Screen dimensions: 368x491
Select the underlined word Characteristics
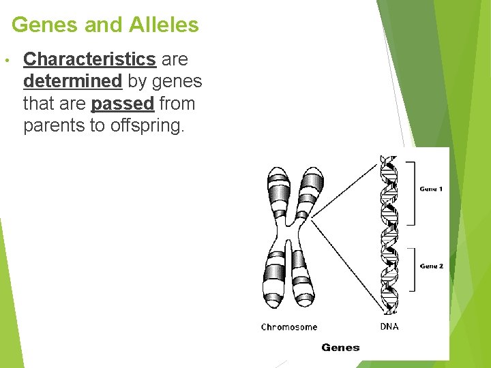point(89,59)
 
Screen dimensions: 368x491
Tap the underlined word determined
point(72,82)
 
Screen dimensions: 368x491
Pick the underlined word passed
point(122,104)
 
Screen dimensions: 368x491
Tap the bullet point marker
point(5,60)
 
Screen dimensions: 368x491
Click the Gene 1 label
point(431,189)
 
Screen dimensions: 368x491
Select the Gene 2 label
point(431,266)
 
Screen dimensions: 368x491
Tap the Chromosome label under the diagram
point(289,327)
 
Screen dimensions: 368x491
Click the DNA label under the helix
point(389,326)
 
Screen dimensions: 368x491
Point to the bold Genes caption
point(340,348)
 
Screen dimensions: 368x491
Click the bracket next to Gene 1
point(411,193)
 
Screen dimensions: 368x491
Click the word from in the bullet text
point(177,104)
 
